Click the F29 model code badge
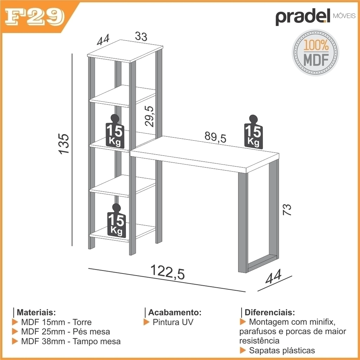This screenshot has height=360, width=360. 34,18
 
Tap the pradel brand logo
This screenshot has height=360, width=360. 315,17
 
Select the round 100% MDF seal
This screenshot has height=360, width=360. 315,52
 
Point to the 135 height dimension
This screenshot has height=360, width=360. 64,144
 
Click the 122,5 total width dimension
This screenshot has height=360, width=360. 167,272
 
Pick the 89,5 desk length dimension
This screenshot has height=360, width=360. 216,137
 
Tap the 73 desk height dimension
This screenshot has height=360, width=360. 287,210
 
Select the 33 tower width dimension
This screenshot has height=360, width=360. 141,36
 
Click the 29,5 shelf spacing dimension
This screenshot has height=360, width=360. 149,116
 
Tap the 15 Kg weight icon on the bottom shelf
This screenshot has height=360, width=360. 116,221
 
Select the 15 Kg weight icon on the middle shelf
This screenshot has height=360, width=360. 115,131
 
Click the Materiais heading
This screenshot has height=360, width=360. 36,312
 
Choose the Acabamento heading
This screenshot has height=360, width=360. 175,312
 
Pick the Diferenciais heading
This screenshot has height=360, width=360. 270,312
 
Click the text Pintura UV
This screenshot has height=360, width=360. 173,322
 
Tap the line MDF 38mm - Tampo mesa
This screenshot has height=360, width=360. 71,341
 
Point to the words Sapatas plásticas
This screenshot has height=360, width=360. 282,351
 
